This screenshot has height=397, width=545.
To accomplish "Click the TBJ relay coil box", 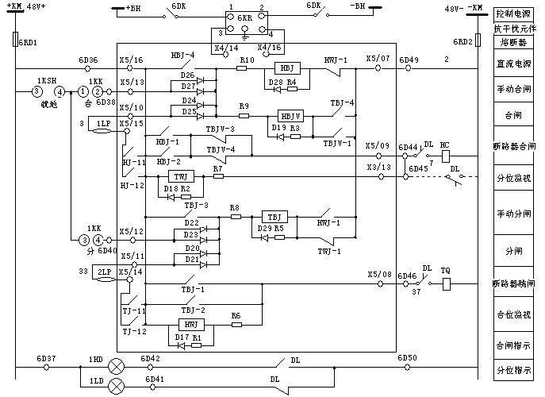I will click(274, 216).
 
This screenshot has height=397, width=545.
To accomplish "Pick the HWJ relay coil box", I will click(190, 324).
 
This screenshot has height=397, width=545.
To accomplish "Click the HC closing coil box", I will click(443, 155).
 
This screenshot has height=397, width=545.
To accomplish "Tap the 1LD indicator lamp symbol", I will click(117, 387).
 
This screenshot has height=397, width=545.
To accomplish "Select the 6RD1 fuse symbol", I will click(16, 41).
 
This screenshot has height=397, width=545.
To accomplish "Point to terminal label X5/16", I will click(132, 60).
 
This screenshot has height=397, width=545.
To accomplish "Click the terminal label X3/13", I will click(378, 168).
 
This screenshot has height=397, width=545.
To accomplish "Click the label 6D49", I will click(409, 60).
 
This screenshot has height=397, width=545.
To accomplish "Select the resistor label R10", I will click(247, 60).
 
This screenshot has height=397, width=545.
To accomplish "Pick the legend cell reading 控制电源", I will click(512, 13).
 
